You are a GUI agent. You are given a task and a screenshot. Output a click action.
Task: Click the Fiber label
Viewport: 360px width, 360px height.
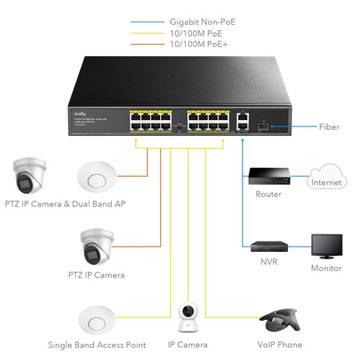[x=330, y=126]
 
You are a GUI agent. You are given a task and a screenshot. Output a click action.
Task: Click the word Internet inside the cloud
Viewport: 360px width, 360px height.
[x=327, y=182]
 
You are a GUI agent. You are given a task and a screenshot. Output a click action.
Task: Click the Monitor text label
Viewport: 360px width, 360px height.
[x=326, y=269]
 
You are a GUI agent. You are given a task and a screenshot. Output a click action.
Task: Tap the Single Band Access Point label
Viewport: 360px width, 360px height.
[x=97, y=345]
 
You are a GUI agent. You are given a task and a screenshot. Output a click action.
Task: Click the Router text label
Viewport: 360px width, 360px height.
[x=268, y=194]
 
